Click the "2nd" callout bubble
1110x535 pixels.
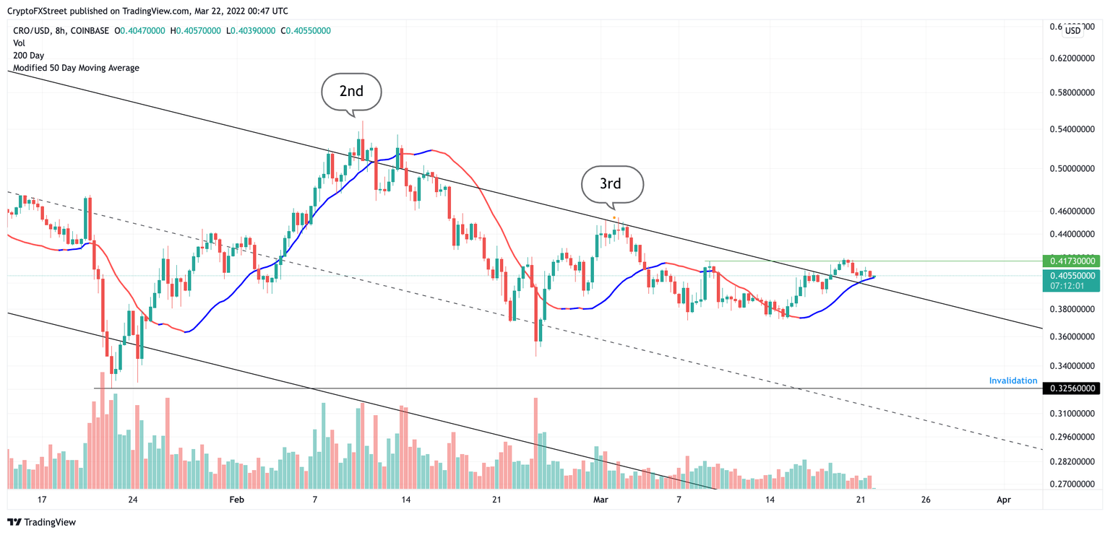pyautogui.click(x=351, y=92)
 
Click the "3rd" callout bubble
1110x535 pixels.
pyautogui.click(x=611, y=183)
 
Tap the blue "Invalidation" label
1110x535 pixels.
pyautogui.click(x=1012, y=380)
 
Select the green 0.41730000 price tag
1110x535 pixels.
pyautogui.click(x=1072, y=261)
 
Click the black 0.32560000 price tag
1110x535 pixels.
pyautogui.click(x=1072, y=388)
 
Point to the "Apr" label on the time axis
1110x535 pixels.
pyautogui.click(x=1002, y=500)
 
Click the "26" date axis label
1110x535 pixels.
pyautogui.click(x=926, y=500)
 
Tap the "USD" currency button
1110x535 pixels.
pyautogui.click(x=1072, y=31)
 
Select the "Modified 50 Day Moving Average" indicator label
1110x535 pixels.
pyautogui.click(x=76, y=68)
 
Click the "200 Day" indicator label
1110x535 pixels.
pyautogui.click(x=29, y=56)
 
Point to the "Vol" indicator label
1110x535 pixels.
pyautogui.click(x=20, y=43)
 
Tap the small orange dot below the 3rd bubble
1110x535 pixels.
pyautogui.click(x=614, y=217)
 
